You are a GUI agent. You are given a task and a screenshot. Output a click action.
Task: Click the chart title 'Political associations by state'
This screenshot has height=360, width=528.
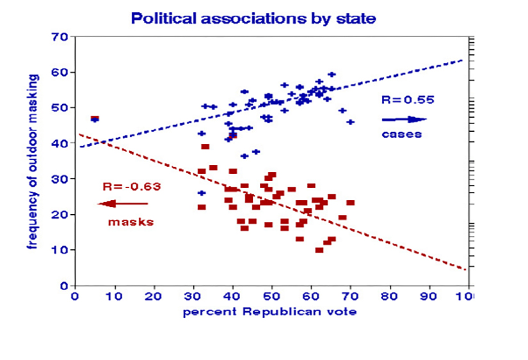click(253, 17)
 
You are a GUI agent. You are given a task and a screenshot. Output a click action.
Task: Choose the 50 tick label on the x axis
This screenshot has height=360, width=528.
click(272, 297)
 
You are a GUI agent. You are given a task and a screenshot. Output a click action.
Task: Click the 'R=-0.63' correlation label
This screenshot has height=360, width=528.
click(131, 187)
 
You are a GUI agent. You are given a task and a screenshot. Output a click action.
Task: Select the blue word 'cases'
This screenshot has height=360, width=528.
click(401, 134)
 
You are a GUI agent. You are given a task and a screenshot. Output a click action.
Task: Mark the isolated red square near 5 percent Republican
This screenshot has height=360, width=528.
click(95, 118)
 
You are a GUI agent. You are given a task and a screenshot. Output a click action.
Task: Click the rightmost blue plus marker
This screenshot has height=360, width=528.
click(350, 121)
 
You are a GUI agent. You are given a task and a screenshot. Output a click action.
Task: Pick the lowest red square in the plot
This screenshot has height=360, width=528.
click(319, 250)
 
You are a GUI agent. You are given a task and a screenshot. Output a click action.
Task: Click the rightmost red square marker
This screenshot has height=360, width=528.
click(350, 203)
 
